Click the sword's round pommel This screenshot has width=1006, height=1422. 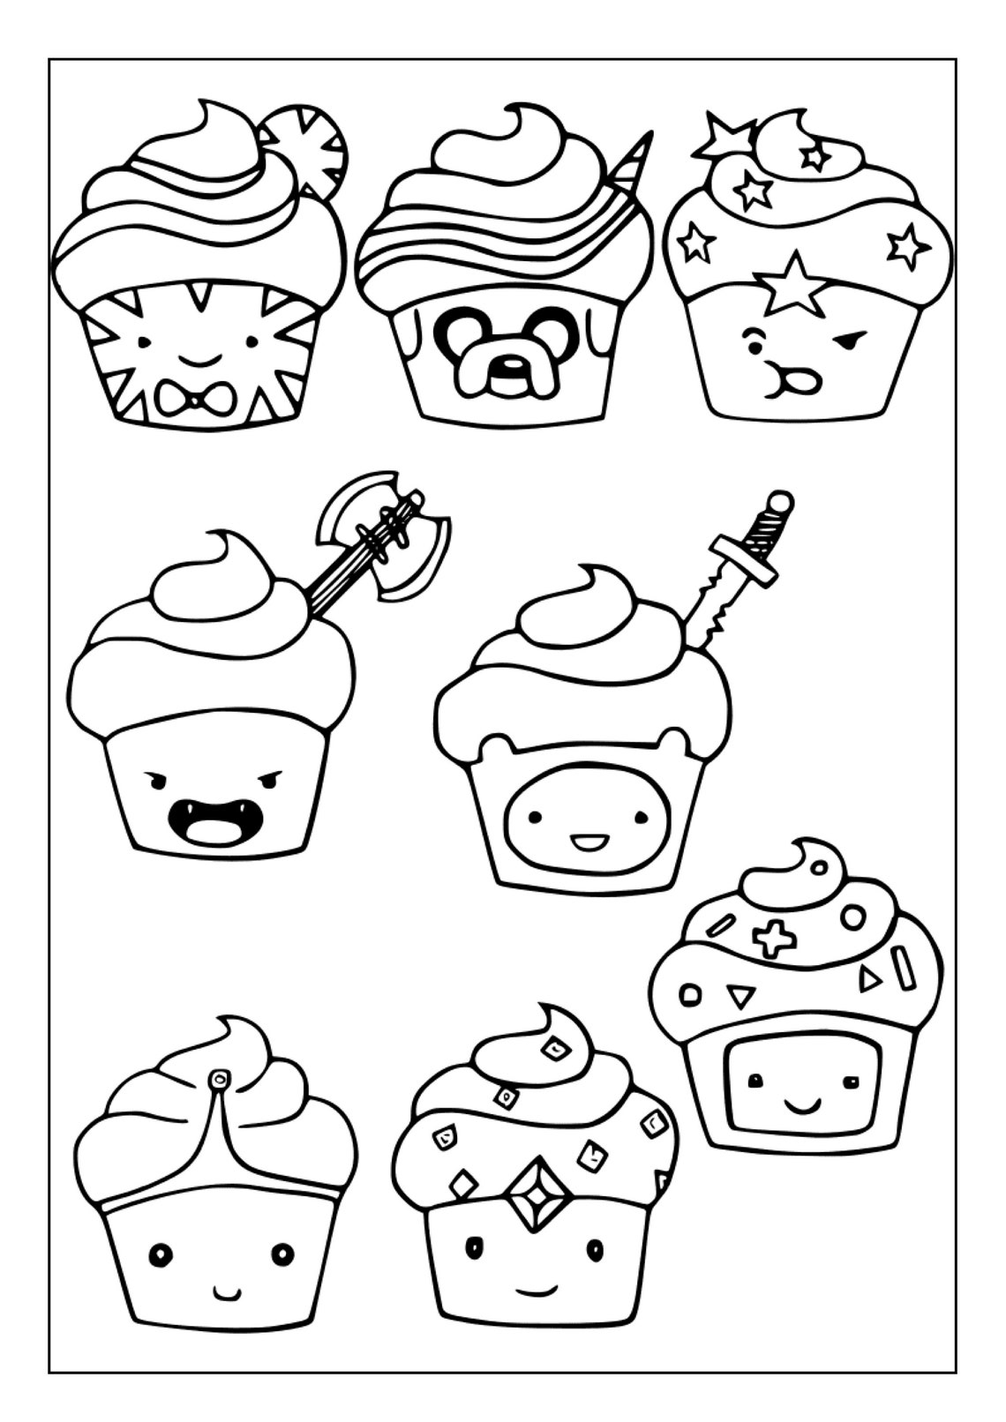coord(779,503)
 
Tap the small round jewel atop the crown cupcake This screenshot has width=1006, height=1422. coord(218,1078)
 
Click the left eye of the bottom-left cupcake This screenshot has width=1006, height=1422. coord(160,1253)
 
